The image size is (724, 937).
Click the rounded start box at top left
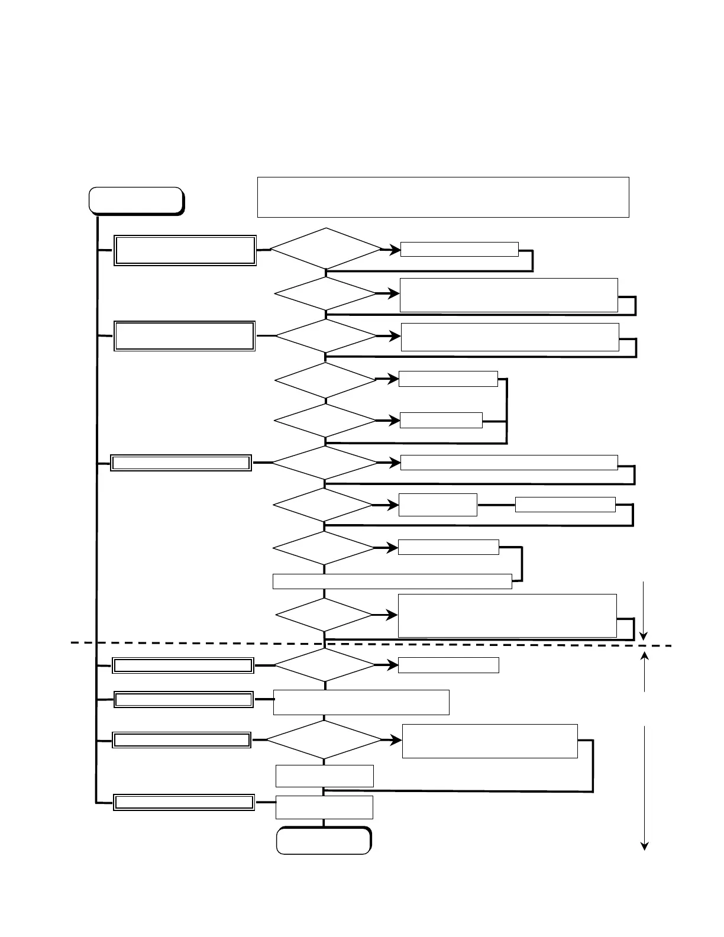(135, 200)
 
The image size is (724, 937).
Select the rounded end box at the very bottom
(324, 841)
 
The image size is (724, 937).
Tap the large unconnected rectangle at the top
(442, 197)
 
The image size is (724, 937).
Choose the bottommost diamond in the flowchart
(324, 739)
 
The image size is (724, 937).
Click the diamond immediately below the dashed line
(325, 665)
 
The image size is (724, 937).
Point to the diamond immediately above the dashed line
(325, 615)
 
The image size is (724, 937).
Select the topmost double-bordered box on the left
(185, 251)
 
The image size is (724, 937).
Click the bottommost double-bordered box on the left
(184, 802)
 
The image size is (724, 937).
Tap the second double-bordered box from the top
(185, 336)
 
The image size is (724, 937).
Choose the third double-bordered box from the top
(182, 463)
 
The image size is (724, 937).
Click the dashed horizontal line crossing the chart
(177, 642)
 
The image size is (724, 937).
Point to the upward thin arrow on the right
(645, 671)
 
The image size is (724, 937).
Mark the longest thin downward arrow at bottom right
(645, 787)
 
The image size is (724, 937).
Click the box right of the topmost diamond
(459, 249)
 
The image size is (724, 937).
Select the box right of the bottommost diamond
(490, 741)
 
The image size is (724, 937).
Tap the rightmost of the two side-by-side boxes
(565, 505)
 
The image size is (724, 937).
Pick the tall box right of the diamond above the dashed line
(507, 616)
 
